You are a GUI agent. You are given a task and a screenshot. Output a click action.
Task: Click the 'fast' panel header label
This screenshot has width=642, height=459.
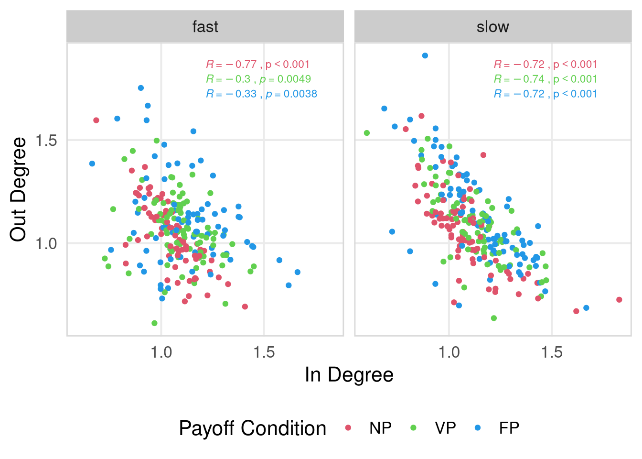click(x=205, y=27)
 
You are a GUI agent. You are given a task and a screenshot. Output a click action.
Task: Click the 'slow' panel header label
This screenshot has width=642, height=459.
click(x=492, y=27)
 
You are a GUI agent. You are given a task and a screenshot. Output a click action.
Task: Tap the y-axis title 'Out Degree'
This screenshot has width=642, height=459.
click(x=18, y=189)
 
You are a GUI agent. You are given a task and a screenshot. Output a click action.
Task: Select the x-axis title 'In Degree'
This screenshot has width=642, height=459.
click(x=349, y=375)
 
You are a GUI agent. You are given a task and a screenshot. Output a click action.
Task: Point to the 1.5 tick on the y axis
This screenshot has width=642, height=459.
click(x=46, y=141)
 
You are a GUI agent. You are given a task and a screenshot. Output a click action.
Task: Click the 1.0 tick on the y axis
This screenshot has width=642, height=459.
click(x=46, y=243)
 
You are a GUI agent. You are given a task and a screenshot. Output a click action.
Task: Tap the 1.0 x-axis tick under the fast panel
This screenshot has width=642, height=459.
click(x=161, y=353)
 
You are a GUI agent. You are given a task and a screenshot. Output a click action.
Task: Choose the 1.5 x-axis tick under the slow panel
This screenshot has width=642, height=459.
click(x=552, y=353)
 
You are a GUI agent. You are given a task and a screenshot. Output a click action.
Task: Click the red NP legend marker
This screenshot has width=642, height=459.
click(x=348, y=428)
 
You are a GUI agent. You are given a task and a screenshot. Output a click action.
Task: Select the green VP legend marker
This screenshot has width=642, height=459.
click(x=413, y=428)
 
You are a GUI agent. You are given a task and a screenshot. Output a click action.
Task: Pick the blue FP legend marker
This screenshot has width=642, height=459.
click(x=478, y=428)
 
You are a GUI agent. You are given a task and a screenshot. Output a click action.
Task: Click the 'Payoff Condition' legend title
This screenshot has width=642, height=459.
click(x=252, y=428)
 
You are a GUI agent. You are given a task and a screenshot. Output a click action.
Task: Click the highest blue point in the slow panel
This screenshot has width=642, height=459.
click(x=425, y=56)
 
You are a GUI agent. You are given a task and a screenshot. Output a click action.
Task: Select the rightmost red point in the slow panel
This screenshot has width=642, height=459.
click(x=619, y=300)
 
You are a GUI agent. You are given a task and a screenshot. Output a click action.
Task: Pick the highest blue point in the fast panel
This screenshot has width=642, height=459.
click(x=141, y=88)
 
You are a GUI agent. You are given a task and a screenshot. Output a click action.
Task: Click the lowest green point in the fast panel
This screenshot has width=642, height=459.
click(x=154, y=323)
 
